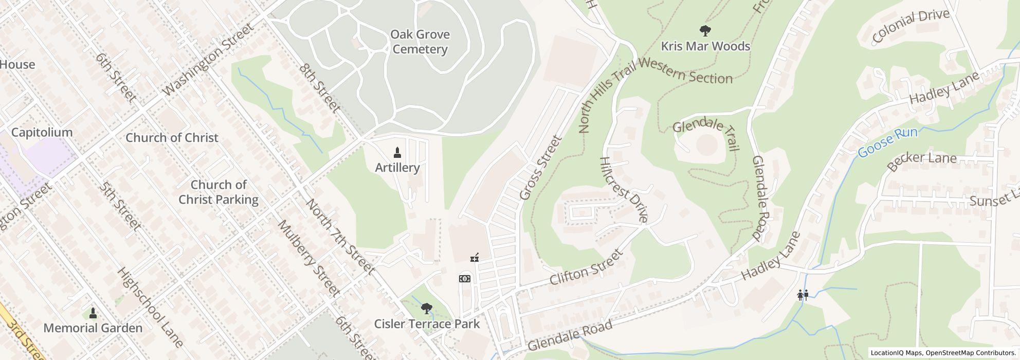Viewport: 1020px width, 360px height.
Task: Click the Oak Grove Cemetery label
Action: coord(420,42)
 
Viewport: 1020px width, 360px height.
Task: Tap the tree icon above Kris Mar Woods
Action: coord(705,31)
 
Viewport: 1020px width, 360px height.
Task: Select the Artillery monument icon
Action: coord(397,153)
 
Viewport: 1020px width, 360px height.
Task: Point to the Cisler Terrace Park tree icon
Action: coord(426,309)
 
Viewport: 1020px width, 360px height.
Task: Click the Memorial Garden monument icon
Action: coord(93,313)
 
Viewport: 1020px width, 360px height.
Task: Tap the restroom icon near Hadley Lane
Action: coord(803,295)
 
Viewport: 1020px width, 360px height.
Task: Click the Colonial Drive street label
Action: coord(910,25)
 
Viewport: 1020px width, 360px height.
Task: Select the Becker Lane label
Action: coord(922,160)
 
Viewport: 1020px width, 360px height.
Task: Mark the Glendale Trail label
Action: coord(706,134)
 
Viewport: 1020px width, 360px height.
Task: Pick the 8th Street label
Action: coord(320,88)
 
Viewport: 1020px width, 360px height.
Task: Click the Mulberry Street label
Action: coord(309,259)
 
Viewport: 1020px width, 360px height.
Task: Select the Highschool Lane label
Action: coord(150,307)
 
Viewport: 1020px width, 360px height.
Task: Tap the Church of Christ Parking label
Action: coord(218,192)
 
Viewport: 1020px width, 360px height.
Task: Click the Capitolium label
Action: coord(42,132)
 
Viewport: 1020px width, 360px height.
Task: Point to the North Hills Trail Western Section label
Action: coord(655,87)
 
